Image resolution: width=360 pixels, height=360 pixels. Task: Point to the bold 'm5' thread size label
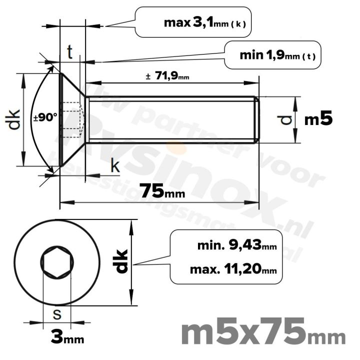pos(318,119)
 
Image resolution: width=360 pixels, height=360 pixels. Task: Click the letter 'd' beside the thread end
pos(285,120)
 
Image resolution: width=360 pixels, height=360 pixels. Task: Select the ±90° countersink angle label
pos(45,118)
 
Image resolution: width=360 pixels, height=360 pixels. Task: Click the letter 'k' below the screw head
pos(115,166)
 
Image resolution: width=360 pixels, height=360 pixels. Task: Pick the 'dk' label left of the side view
pos(14,119)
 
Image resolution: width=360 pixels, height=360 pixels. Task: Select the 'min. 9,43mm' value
pos(237,245)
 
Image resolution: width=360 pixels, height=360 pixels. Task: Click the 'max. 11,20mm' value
pos(233,270)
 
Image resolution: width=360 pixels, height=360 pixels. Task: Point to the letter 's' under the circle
pos(57,315)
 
